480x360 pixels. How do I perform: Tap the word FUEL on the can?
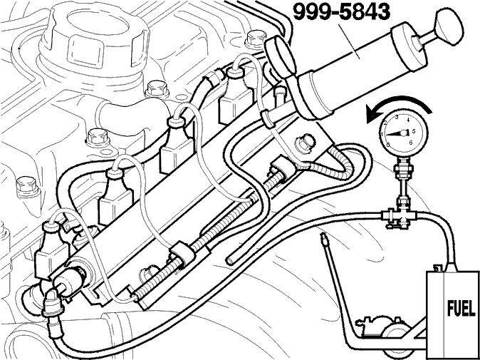pyautogui.click(x=461, y=310)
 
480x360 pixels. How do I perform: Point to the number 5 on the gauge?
pyautogui.click(x=414, y=131)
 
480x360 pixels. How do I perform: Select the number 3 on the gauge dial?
pyautogui.click(x=397, y=117)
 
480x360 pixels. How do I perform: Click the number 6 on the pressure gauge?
pyautogui.click(x=411, y=142)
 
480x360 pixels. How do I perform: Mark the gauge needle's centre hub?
pyautogui.click(x=404, y=133)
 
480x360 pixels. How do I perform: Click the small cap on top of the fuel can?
pyautogui.click(x=438, y=268)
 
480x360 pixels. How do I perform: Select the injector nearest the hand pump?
pyautogui.click(x=235, y=92)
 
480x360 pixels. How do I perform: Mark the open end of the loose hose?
pyautogui.click(x=229, y=261)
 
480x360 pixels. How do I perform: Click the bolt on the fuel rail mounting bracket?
pyautogui.click(x=305, y=144)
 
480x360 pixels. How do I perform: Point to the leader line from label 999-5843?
pyautogui.click(x=349, y=42)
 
